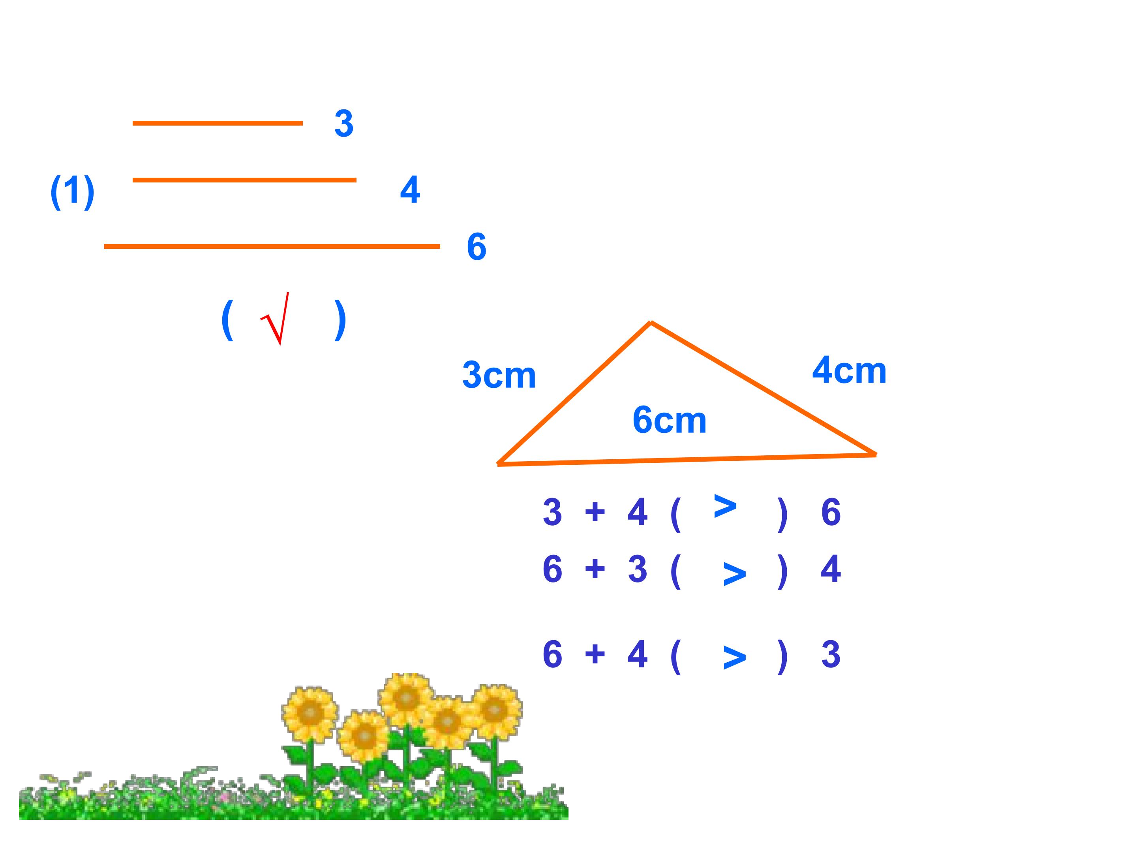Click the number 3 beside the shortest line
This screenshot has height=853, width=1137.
click(344, 123)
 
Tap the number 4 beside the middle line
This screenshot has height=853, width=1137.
click(410, 190)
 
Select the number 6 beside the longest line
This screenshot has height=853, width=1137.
click(477, 247)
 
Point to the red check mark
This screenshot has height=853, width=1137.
click(275, 319)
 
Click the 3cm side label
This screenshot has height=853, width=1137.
click(499, 375)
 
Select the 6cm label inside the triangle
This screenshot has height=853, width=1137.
click(670, 420)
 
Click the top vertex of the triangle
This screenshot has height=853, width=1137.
click(651, 322)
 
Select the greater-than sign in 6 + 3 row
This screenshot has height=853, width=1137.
click(735, 574)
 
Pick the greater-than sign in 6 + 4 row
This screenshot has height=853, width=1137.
click(735, 657)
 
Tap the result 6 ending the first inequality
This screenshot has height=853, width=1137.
click(831, 512)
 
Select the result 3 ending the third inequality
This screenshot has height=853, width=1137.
click(831, 654)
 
